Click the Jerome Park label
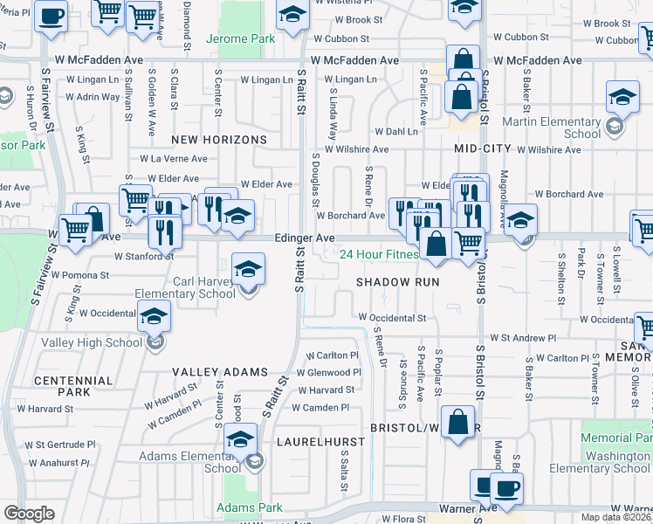[240, 39]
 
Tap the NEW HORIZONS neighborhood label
[218, 140]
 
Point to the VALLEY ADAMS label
[219, 372]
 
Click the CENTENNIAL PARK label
[62, 386]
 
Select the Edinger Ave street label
[304, 238]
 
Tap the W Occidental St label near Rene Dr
[391, 319]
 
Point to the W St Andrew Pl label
[522, 337]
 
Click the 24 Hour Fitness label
[379, 255]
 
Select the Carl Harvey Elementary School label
[204, 287]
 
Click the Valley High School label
[92, 342]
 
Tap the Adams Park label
[237, 507]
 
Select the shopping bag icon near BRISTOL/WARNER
[457, 423]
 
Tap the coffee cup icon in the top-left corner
[51, 15]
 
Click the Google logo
[29, 514]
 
